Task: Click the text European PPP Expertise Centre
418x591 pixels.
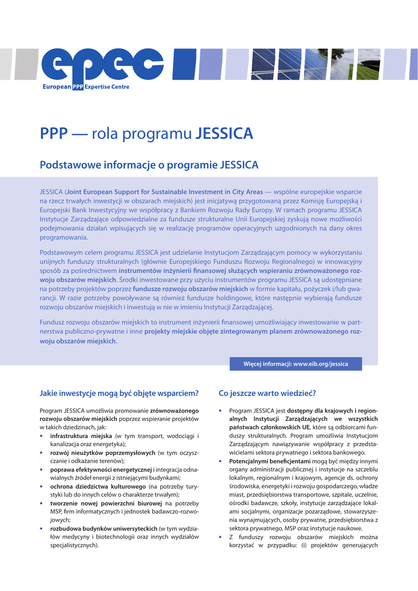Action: pos(86,87)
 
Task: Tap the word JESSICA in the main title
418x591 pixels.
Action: pos(224,134)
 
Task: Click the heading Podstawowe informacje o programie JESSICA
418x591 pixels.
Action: pos(149,165)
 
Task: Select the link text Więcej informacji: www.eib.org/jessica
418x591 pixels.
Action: pos(296,364)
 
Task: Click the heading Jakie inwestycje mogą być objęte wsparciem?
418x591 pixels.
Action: pos(119,394)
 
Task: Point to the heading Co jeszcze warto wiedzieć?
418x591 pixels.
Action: pos(268,394)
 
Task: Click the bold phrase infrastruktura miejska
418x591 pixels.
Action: pos(81,436)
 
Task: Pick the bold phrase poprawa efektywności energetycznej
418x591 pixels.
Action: pos(101,469)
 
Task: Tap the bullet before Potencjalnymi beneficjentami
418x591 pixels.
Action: pos(221,461)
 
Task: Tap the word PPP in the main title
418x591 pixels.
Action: pos(54,134)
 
